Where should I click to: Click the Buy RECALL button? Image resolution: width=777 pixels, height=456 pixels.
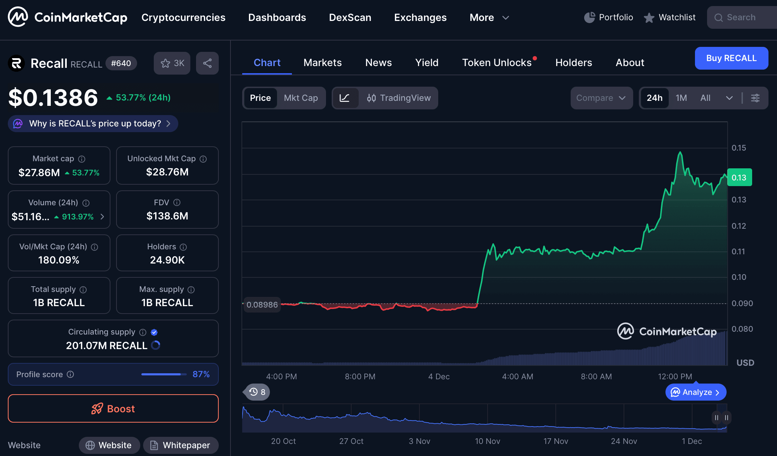(731, 58)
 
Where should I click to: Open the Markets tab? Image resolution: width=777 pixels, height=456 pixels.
(322, 63)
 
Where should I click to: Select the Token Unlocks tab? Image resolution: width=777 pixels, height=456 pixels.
(497, 63)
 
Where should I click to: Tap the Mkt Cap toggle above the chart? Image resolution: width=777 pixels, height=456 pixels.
(301, 98)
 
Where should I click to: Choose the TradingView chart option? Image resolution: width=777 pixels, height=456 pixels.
(399, 98)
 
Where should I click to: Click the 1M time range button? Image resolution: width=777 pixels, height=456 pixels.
(681, 98)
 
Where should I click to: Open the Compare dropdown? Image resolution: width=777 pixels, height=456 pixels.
(601, 98)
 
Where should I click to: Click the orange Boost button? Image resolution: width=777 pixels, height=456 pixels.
(113, 409)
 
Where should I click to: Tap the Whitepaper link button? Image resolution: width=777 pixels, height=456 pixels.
(181, 445)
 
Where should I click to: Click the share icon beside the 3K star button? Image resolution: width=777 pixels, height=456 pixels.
(207, 64)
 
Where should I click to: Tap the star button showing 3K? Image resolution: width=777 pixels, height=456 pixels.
(172, 64)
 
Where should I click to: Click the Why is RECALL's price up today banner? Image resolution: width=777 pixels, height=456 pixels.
(93, 124)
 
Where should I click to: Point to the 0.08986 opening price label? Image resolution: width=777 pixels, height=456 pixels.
(262, 305)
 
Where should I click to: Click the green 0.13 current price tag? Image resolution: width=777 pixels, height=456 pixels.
(739, 178)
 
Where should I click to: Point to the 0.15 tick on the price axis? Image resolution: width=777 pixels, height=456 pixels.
(739, 148)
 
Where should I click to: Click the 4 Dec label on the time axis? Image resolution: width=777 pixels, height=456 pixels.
(439, 376)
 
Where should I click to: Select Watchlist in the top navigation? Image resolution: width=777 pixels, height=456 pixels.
(670, 17)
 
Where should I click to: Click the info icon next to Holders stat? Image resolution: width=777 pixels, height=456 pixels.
(183, 247)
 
